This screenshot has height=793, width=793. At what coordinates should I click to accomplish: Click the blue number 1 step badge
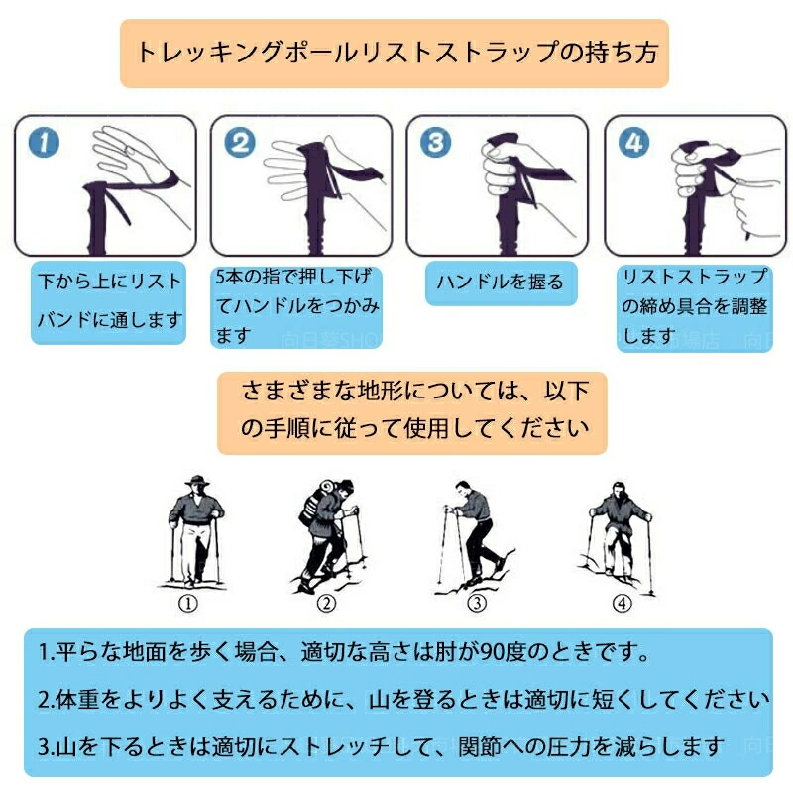pos(44,142)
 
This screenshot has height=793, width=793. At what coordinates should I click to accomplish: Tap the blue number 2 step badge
pos(240,142)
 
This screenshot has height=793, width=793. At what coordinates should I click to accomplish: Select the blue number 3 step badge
pos(435,142)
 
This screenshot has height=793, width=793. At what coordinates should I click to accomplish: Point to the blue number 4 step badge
pos(633,142)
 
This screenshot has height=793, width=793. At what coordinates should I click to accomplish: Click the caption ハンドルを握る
pos(501,283)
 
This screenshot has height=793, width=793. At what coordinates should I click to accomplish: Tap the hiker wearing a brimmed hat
pos(195,531)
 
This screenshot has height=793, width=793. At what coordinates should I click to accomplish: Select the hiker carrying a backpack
pos(328,535)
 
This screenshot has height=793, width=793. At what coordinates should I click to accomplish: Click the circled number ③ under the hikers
pos(477,603)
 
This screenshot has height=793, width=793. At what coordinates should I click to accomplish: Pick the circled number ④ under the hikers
pos(622,603)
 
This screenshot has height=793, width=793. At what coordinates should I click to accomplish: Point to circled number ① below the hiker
pos(188,604)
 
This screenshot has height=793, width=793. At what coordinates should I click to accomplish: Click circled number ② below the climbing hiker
pos(326,603)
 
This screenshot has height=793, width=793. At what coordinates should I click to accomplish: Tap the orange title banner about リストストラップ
pos(395,54)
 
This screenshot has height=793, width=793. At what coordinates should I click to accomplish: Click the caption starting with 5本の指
pos(296,306)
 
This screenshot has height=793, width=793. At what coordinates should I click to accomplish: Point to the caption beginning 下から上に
pos(109,302)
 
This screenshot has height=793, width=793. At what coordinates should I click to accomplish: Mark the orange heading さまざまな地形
pos(412,412)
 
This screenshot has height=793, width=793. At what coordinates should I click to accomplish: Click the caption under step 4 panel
pos(695,307)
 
